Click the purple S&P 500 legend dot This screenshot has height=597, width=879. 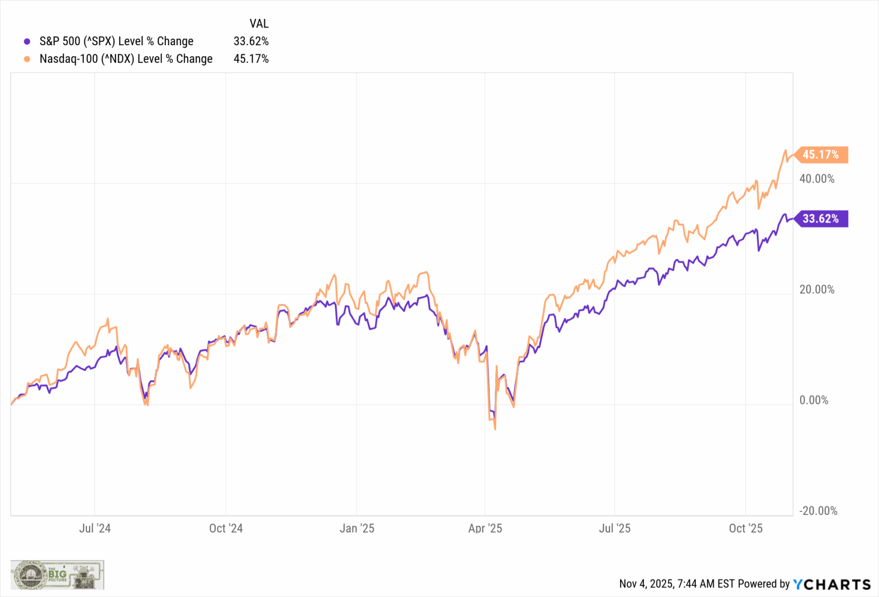pos(27,41)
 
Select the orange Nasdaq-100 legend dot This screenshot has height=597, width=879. pos(27,59)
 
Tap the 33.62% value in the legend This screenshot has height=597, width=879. pos(251,41)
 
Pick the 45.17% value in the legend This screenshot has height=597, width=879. pos(251,59)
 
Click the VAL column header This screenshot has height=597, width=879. pos(259,23)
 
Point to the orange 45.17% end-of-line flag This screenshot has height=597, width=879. pos(821,155)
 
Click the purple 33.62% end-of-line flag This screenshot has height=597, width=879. pos(821,219)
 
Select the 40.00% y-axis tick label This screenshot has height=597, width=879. pos(817,179)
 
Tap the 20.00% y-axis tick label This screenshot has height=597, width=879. pos(817,290)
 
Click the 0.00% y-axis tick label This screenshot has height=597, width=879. pos(814,400)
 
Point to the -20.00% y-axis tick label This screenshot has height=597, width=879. pos(818,511)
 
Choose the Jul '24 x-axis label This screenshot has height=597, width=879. pos(95,528)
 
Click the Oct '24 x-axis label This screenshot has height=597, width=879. pos(225,528)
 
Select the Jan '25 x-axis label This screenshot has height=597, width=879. pos(357,528)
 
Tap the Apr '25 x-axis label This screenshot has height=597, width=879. pos(485,528)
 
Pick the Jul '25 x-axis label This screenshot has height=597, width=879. pos(615,528)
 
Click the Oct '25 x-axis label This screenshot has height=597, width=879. pos(746,528)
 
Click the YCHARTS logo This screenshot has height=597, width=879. pos(832,584)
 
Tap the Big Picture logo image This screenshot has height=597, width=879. pos(57,575)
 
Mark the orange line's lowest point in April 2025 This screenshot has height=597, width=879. pos(495,429)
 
